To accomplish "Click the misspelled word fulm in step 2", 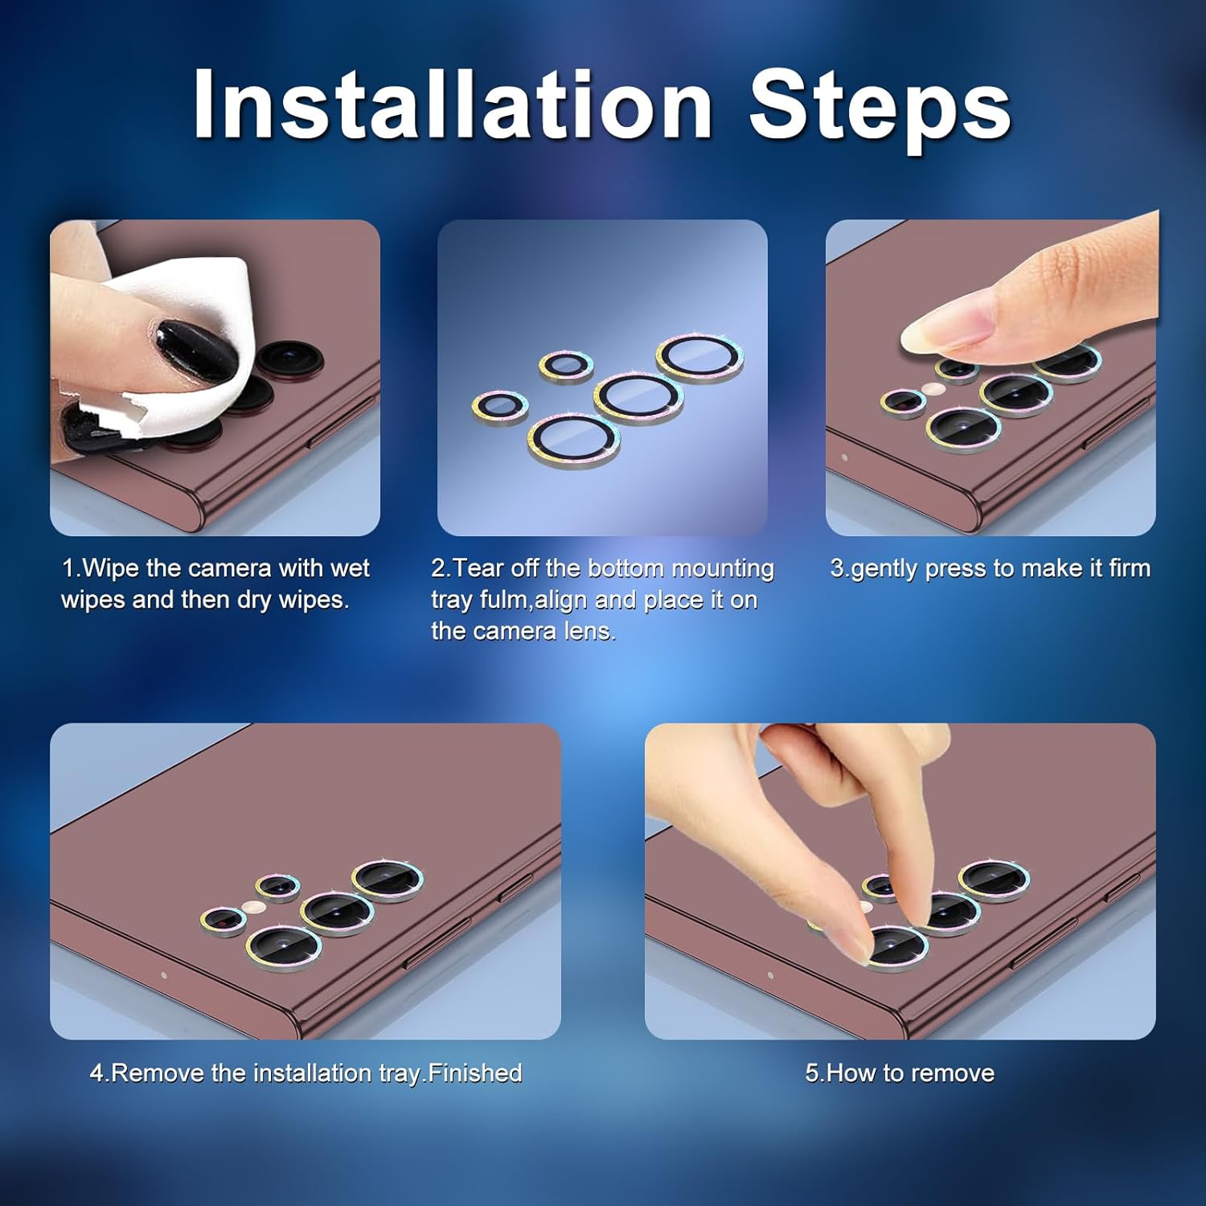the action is (505, 600).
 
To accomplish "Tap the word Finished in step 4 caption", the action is (475, 1073).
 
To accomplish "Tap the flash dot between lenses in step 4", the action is (255, 907).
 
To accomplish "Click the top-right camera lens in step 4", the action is (388, 880).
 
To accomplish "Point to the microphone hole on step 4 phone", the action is (163, 975).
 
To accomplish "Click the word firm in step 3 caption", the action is (1130, 568).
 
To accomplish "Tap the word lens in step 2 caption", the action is (589, 632).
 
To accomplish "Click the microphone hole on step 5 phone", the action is (770, 975).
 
